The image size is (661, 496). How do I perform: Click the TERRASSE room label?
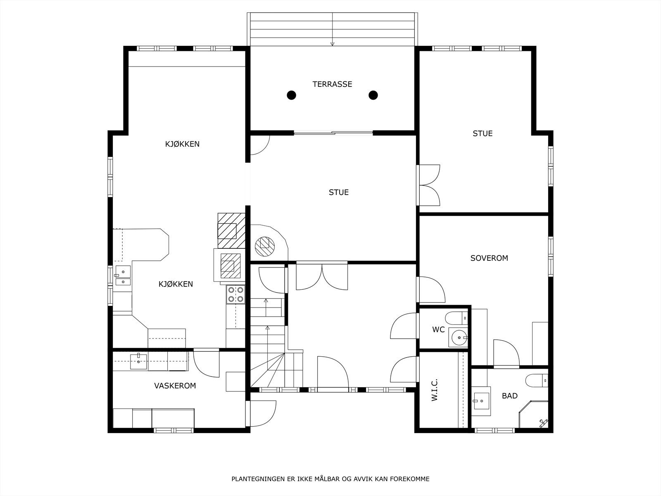pyautogui.click(x=332, y=84)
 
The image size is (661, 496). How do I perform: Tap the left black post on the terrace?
pyautogui.click(x=291, y=95)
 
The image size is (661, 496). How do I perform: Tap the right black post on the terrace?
pyautogui.click(x=373, y=95)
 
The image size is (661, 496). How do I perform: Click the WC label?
pyautogui.click(x=438, y=329)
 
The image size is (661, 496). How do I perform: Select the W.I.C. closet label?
pyautogui.click(x=434, y=390)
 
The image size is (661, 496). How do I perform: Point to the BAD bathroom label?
pyautogui.click(x=509, y=396)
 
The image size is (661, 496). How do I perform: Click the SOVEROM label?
pyautogui.click(x=489, y=258)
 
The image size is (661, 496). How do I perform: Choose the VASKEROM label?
pyautogui.click(x=175, y=386)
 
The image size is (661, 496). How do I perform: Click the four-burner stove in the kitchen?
pyautogui.click(x=235, y=295)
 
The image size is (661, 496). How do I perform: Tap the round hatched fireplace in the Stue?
pyautogui.click(x=265, y=246)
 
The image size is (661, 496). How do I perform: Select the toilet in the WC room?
pyautogui.click(x=457, y=318)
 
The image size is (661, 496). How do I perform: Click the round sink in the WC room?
pyautogui.click(x=458, y=337)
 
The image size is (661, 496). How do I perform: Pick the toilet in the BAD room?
pyautogui.click(x=537, y=381)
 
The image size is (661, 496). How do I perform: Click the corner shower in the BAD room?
pyautogui.click(x=534, y=415)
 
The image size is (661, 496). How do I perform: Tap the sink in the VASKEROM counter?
pyautogui.click(x=138, y=361)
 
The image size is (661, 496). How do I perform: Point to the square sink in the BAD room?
pyautogui.click(x=481, y=401)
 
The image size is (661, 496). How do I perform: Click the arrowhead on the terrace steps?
pyautogui.click(x=332, y=44)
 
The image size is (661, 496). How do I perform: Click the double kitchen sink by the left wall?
pyautogui.click(x=123, y=275)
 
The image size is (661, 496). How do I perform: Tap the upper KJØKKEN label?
pyautogui.click(x=182, y=144)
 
